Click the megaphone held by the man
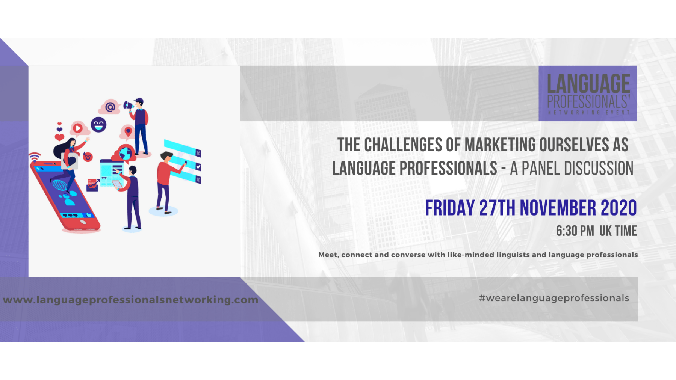[x=128, y=106]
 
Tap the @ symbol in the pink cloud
[x=110, y=107]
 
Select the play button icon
[x=78, y=128]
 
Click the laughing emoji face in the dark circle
[x=98, y=125]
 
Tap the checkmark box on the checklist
[x=198, y=166]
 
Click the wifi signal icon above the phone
[x=35, y=156]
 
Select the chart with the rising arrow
[x=92, y=185]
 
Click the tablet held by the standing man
[x=117, y=185]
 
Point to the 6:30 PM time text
[x=575, y=231]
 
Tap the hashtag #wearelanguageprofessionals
[x=554, y=298]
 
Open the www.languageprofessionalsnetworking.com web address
[x=130, y=300]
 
